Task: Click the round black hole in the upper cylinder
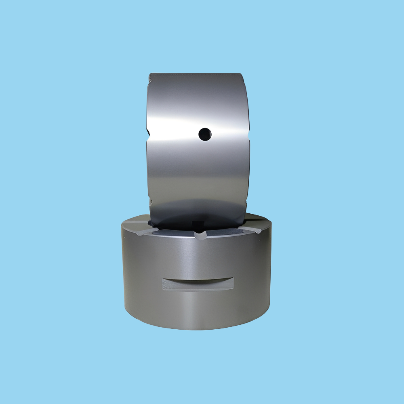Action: (x=205, y=134)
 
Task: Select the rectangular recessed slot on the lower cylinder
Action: (x=198, y=284)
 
